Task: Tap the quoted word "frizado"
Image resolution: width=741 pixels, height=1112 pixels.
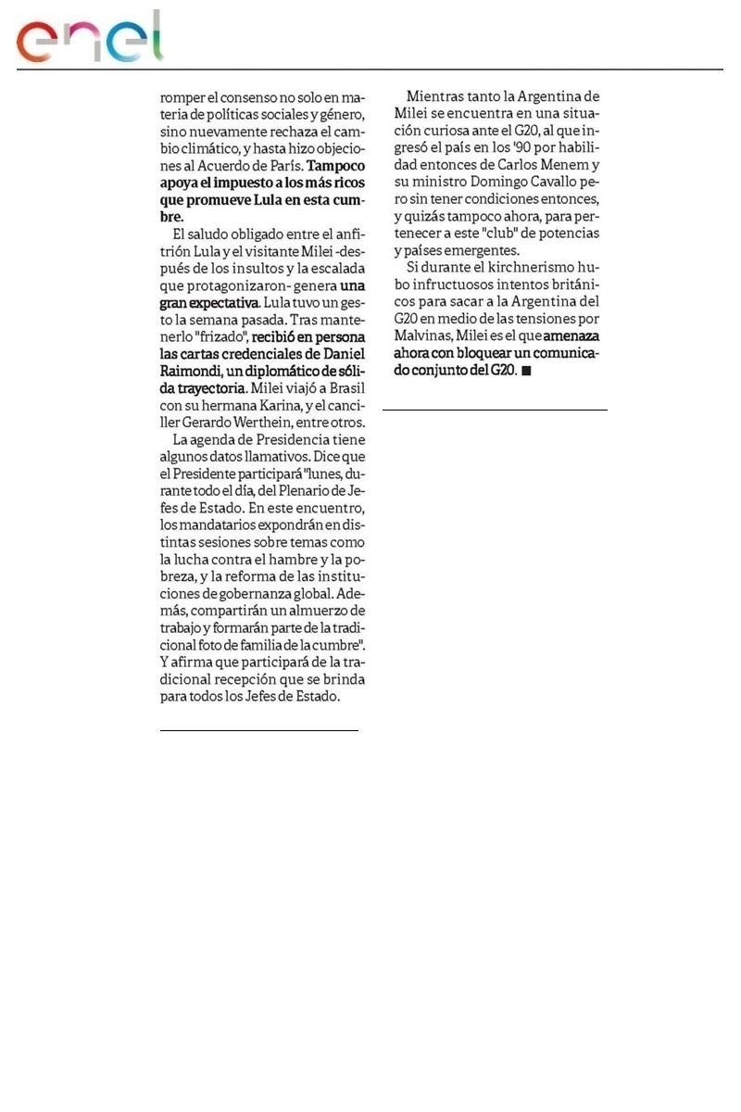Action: [217, 336]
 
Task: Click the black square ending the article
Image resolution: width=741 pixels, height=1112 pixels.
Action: [527, 371]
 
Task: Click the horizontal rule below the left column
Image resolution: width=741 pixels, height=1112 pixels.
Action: [258, 730]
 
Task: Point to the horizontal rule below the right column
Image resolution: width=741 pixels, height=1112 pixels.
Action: [495, 410]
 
